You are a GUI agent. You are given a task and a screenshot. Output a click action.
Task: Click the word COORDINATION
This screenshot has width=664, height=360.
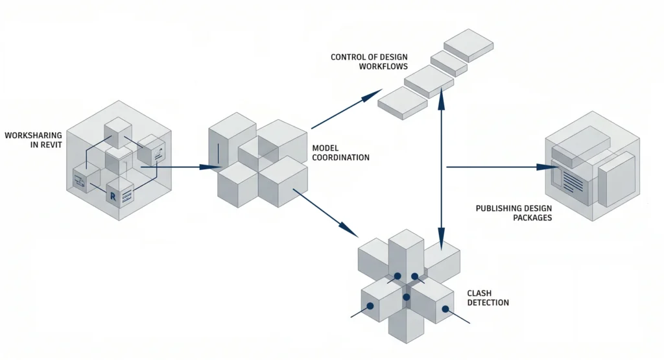pos(340,158)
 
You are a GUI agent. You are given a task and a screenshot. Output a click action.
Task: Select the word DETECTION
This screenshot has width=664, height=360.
pos(488,303)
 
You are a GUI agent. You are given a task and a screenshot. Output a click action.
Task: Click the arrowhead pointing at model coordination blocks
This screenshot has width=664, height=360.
pos(211,167)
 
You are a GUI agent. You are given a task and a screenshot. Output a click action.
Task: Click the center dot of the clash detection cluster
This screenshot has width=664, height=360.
pos(407,297)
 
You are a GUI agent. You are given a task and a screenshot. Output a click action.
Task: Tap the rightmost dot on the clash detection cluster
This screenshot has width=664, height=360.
pos(445,309)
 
